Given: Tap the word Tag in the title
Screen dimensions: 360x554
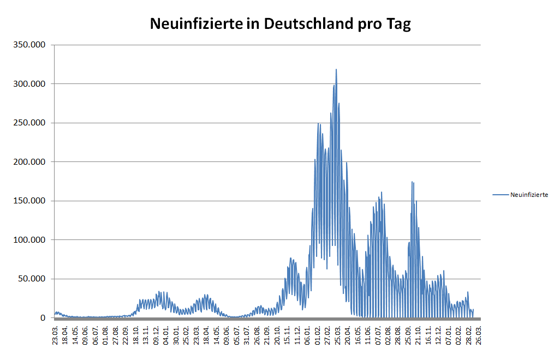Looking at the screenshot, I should click(399, 25).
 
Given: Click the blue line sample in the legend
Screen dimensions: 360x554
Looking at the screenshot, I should click(501, 194).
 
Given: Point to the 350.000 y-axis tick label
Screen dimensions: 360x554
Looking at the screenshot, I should click(29, 45).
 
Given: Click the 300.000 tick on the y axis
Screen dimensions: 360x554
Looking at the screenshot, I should click(29, 84).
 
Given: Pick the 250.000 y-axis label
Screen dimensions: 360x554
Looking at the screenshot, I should click(29, 123).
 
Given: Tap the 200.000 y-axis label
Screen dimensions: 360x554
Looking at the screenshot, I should click(29, 162).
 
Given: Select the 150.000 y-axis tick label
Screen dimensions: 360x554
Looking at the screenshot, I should click(29, 201).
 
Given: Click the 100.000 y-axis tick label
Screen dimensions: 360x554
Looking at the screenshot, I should click(29, 240).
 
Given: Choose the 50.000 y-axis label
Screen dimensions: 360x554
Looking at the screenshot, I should click(32, 279).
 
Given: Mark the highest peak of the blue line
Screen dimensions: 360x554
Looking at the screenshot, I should click(336, 69).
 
